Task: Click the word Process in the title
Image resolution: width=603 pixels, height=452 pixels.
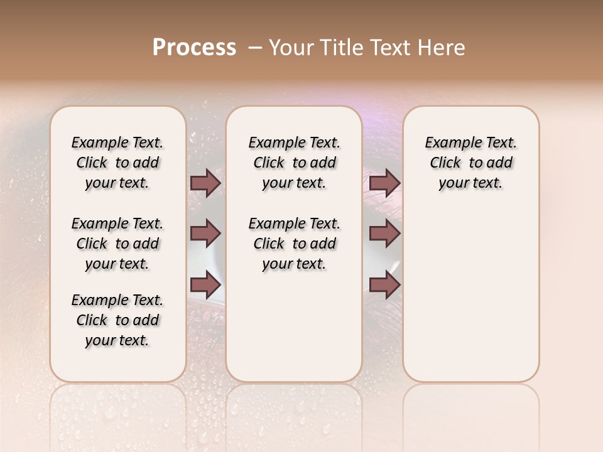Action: coord(194,48)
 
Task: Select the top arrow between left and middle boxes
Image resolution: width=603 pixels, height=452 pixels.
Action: coord(205,183)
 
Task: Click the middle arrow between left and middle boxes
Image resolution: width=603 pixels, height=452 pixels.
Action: coord(205,234)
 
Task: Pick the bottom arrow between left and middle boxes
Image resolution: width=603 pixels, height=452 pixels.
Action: coord(205,284)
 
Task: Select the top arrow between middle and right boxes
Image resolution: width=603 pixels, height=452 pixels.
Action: coord(384,183)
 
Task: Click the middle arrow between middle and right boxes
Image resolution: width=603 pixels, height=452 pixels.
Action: coord(384,234)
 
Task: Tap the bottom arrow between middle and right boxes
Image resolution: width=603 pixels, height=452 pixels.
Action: coord(384,284)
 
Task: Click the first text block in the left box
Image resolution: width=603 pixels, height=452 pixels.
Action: coord(117,163)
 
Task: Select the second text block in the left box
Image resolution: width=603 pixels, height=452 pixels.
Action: coord(117,244)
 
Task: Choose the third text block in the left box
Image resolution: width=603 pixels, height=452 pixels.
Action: coord(117,320)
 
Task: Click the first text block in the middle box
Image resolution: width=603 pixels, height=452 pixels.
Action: coord(294,163)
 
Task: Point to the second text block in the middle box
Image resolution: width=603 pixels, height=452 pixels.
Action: coord(294,244)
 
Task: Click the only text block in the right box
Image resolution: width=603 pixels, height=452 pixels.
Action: coord(470,163)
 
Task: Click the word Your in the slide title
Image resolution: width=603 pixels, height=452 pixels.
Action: coord(287,48)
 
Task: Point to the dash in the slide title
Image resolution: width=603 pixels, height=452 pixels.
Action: coord(254,48)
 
